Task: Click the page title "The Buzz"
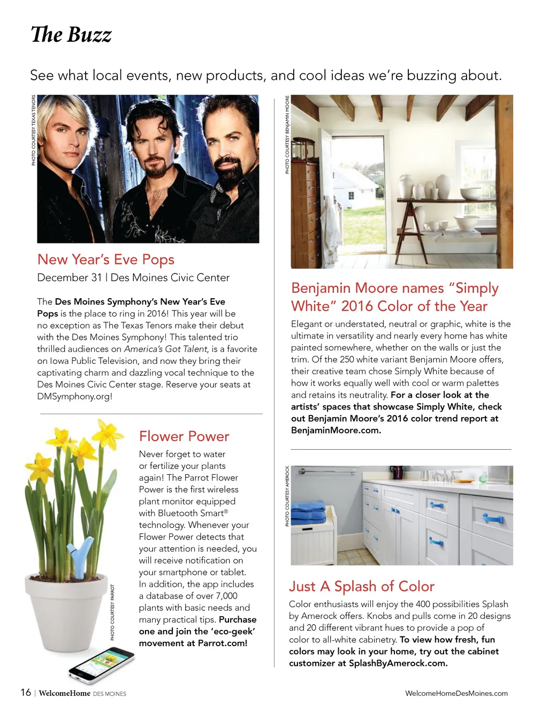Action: pyautogui.click(x=71, y=35)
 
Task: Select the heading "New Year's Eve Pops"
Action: pyautogui.click(x=106, y=260)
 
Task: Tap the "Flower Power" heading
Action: pyautogui.click(x=184, y=436)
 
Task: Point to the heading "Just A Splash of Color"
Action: pyautogui.click(x=362, y=586)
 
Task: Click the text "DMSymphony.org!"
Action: pyautogui.click(x=74, y=397)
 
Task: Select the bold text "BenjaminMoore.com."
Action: pyautogui.click(x=336, y=430)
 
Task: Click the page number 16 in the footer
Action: pyautogui.click(x=26, y=693)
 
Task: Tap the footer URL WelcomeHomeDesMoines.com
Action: pyautogui.click(x=456, y=693)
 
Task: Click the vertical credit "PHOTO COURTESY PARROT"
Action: pyautogui.click(x=112, y=612)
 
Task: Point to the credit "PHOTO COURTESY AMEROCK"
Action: pyautogui.click(x=287, y=496)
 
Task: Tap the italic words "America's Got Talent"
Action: pyautogui.click(x=165, y=349)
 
